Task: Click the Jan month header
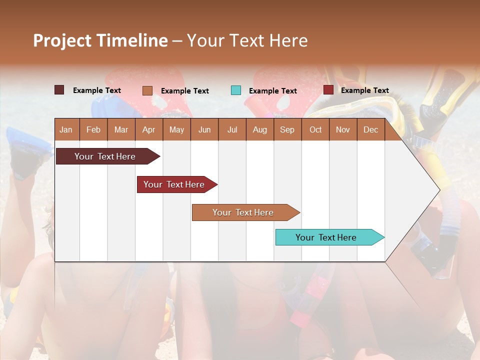(66, 129)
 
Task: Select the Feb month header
(93, 129)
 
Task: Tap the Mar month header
(121, 129)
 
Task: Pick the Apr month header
(149, 129)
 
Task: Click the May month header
(176, 129)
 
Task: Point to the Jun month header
(204, 129)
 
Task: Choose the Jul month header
(232, 129)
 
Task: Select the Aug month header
(260, 129)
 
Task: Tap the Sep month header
(287, 129)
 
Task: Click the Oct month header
(315, 129)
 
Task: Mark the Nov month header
(343, 129)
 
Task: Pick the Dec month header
(371, 129)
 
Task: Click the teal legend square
(236, 90)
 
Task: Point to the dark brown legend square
(59, 90)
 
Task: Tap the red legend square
(328, 90)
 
